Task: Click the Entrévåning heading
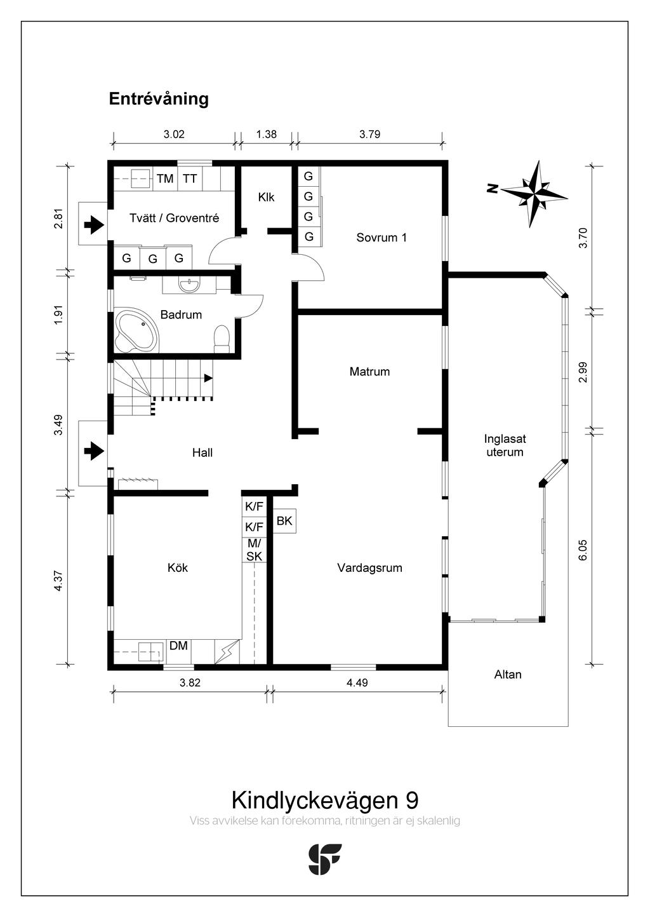point(159,99)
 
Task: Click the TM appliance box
point(165,179)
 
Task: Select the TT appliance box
point(190,179)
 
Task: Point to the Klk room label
point(266,198)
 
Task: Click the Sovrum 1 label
point(381,238)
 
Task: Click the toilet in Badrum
point(222,338)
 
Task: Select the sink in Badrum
point(189,285)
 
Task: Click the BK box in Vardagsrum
point(284,521)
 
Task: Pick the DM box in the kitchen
point(178,646)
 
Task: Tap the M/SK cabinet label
point(254,550)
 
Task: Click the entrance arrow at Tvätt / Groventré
point(94,224)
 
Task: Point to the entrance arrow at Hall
point(94,451)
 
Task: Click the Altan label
point(508,675)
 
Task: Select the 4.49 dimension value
point(357,683)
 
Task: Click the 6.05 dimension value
point(583,550)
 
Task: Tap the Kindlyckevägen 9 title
point(324,799)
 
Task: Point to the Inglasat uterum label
point(505,445)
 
